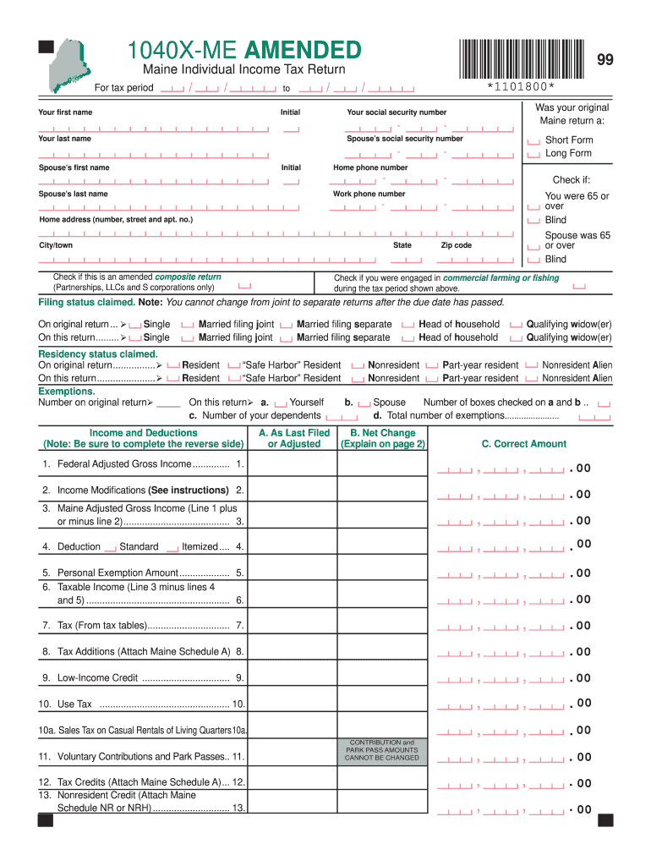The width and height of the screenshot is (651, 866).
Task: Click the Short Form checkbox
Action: pos(533,141)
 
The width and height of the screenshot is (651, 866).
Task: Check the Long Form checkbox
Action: pos(533,155)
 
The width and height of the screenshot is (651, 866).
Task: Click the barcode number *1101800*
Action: pos(521,87)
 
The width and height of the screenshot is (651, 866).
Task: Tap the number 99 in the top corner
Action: pos(605,59)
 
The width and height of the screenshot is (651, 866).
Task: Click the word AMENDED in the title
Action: pos(304,50)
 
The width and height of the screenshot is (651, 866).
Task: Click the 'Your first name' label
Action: pos(65,112)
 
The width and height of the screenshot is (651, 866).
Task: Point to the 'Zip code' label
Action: pos(457,245)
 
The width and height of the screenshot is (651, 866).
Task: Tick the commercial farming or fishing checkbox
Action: pos(578,286)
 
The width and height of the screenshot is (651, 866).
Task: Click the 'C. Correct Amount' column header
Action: pos(524,444)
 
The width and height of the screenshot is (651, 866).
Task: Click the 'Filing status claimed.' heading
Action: pos(86,303)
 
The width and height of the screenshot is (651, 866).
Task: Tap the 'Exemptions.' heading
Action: pos(66,392)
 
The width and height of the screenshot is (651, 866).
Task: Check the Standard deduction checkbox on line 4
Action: pos(110,549)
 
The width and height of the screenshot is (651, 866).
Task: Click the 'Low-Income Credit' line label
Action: pos(97,678)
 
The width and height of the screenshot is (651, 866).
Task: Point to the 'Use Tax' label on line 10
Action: pos(74,704)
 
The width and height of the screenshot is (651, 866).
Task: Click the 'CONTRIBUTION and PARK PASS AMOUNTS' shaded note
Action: pos(382,750)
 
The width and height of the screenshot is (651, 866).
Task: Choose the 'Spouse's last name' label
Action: pos(74,194)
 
